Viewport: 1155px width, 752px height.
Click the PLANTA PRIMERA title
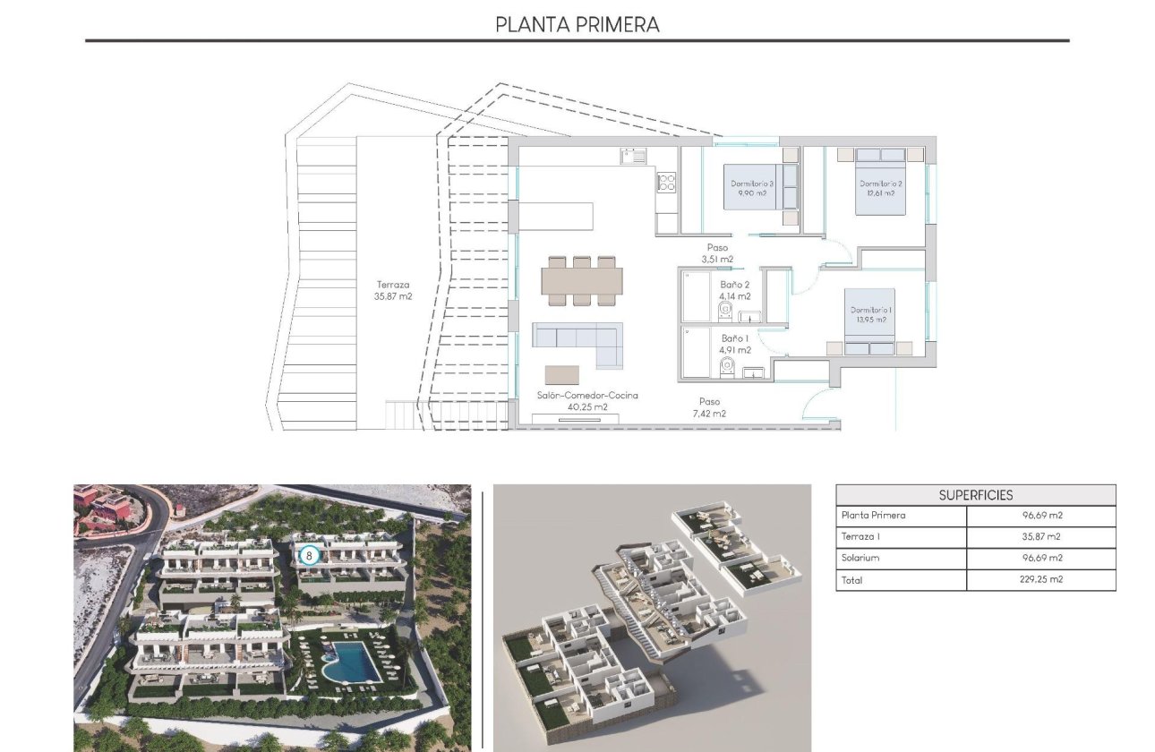(x=577, y=24)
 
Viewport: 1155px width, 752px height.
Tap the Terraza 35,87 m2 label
(x=394, y=290)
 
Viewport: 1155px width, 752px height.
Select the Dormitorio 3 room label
(x=751, y=188)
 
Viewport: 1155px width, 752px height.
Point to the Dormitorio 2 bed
(x=880, y=180)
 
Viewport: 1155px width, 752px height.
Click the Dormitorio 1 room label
(x=868, y=314)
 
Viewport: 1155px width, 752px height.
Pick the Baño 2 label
(x=734, y=290)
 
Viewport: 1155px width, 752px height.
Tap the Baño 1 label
(x=734, y=344)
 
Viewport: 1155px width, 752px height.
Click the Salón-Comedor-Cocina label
(x=587, y=400)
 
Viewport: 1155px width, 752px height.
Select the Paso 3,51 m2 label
(x=717, y=253)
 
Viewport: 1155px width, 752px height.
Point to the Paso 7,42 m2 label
(x=708, y=407)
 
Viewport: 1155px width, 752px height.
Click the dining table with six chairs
(x=582, y=281)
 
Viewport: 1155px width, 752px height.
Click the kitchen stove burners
(x=666, y=183)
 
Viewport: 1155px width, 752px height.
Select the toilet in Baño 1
(x=729, y=365)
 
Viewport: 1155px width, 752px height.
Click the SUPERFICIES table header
(x=976, y=495)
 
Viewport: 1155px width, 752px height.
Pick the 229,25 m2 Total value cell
(x=1040, y=579)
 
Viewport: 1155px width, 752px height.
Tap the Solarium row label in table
(x=860, y=558)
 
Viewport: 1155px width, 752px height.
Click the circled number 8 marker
(x=309, y=555)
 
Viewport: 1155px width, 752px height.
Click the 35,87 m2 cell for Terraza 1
(x=1040, y=536)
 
